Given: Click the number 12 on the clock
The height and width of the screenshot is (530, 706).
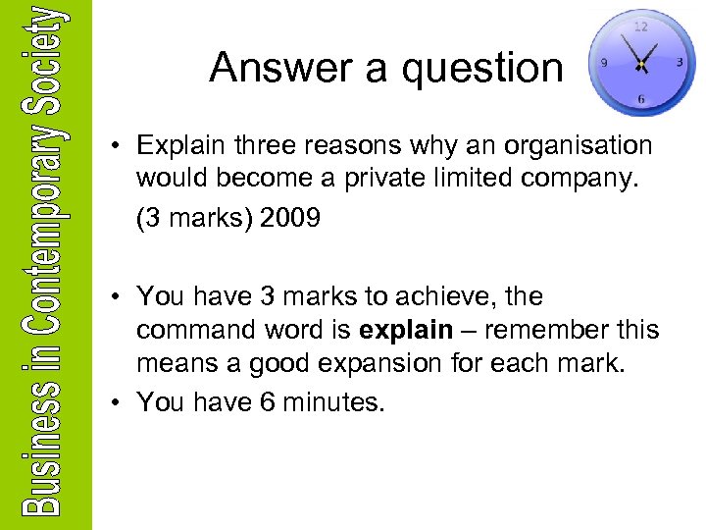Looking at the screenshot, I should (x=640, y=26).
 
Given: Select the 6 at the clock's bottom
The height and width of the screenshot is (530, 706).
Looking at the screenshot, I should (x=640, y=99).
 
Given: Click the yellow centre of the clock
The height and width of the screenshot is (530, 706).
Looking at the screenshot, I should (x=640, y=65).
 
